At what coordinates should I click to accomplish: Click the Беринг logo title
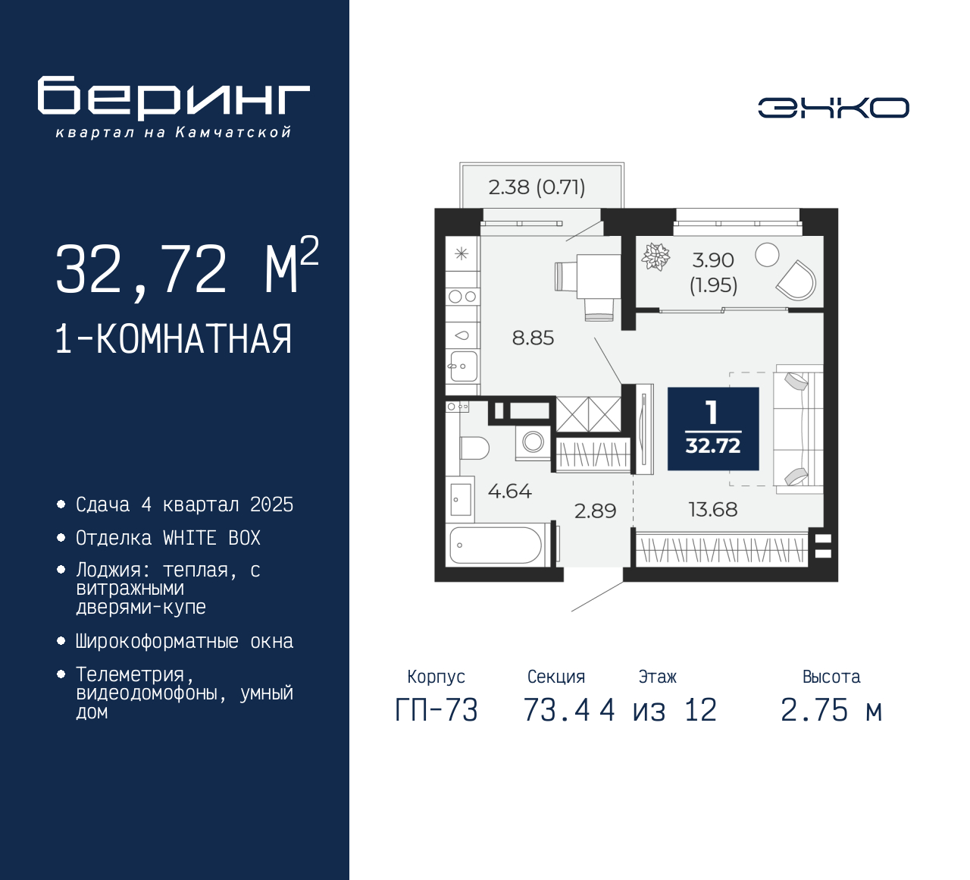coord(174,98)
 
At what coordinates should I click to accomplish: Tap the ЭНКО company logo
coord(833,108)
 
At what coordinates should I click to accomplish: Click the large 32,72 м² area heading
coord(186,269)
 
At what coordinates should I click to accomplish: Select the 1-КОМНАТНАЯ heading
coord(174,339)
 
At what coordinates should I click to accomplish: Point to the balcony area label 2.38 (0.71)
coord(537,187)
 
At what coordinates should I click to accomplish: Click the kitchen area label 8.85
coord(533,338)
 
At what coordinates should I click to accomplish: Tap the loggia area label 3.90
coord(713,260)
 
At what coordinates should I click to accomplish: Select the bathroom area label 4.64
coord(509,492)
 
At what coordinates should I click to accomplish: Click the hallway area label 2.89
coord(595,511)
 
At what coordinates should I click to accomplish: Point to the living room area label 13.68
coord(712,510)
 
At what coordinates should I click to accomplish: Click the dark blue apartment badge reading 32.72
coord(713,429)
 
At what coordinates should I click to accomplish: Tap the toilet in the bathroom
coord(474,448)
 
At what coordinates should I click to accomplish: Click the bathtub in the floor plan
coord(496,545)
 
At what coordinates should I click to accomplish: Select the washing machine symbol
coord(533,442)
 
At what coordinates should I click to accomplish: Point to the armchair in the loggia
coord(797,281)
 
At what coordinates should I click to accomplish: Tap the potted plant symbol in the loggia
coord(656,256)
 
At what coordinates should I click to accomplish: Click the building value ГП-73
coord(436,711)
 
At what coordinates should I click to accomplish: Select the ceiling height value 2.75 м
coord(831,711)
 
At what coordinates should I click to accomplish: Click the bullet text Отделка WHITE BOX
coord(167,538)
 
